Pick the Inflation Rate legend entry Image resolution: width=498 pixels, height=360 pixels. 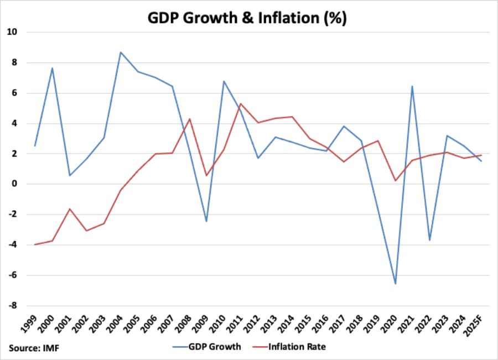pos(293,347)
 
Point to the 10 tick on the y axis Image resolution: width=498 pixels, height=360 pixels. pos(12,32)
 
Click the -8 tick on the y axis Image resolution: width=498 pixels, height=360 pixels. pos(13,305)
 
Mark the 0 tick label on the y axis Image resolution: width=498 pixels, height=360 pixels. pos(15,184)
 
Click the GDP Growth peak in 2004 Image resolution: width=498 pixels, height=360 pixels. pos(121,52)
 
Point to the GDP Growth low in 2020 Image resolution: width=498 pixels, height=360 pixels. pos(395,284)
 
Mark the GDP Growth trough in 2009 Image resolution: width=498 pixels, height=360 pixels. pos(206,221)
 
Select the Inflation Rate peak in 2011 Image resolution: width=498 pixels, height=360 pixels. pos(240,103)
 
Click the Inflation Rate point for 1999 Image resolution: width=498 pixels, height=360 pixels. pos(34,244)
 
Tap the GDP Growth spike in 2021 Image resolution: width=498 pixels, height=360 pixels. pos(412,86)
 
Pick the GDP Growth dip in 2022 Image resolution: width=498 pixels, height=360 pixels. pos(429,240)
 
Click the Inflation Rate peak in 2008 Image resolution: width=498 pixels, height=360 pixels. pos(189,119)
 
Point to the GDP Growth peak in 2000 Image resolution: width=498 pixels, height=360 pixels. pos(52,68)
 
